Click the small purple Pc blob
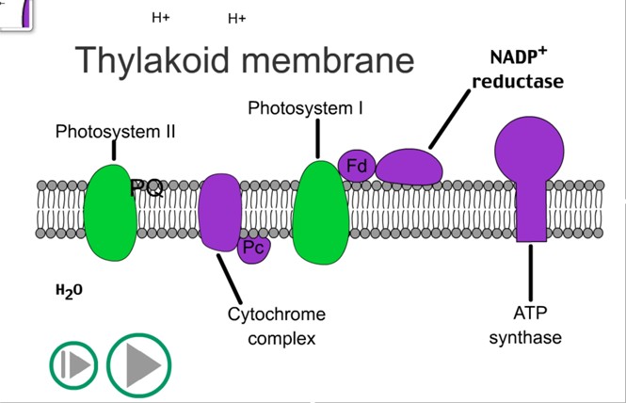click(x=253, y=249)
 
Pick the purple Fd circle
click(x=357, y=166)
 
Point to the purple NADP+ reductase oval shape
click(x=409, y=167)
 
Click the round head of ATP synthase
click(x=529, y=146)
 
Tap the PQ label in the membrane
click(x=146, y=188)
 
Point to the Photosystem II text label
click(x=115, y=131)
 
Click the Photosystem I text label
click(x=306, y=108)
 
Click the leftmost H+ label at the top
click(x=160, y=17)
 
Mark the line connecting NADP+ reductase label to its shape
click(x=449, y=120)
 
